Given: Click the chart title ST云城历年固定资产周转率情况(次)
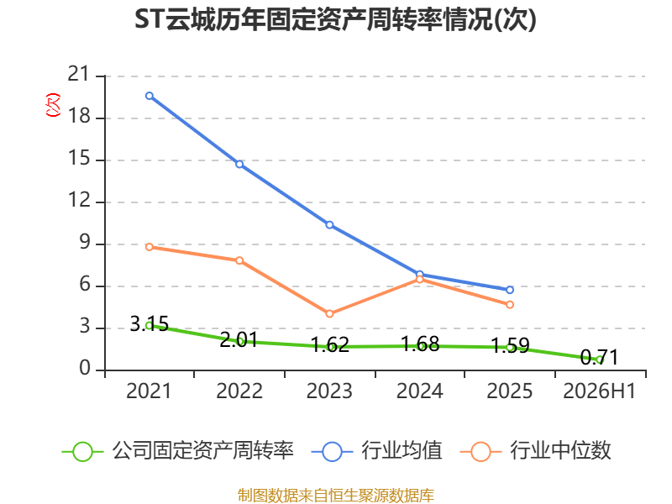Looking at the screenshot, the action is (x=335, y=19).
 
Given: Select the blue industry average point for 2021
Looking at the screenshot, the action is (x=150, y=96).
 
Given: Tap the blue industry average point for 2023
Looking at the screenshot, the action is (x=329, y=224).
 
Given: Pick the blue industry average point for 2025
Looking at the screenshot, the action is (x=510, y=290).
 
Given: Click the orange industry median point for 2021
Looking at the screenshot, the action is (x=150, y=247).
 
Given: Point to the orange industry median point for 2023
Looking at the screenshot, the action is (x=329, y=313).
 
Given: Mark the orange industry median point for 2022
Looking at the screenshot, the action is (x=239, y=260).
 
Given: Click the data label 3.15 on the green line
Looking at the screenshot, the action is (x=150, y=323).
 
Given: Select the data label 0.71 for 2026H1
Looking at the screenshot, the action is (x=599, y=357).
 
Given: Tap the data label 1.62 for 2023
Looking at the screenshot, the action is (x=329, y=344).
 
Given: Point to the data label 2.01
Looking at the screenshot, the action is (x=239, y=340).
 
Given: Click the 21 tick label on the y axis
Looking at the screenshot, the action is (x=79, y=74).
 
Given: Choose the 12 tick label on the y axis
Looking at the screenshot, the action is (x=79, y=200).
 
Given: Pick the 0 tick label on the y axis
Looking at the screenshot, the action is (x=85, y=368).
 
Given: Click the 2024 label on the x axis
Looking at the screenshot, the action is (x=419, y=391).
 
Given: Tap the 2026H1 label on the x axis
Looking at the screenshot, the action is (x=599, y=391).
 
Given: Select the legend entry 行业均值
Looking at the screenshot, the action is (x=377, y=451).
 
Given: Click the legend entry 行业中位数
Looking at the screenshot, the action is (x=536, y=451).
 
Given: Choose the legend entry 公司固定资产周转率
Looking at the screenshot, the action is (x=178, y=451).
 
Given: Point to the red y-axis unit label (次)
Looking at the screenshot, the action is (x=53, y=105).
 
